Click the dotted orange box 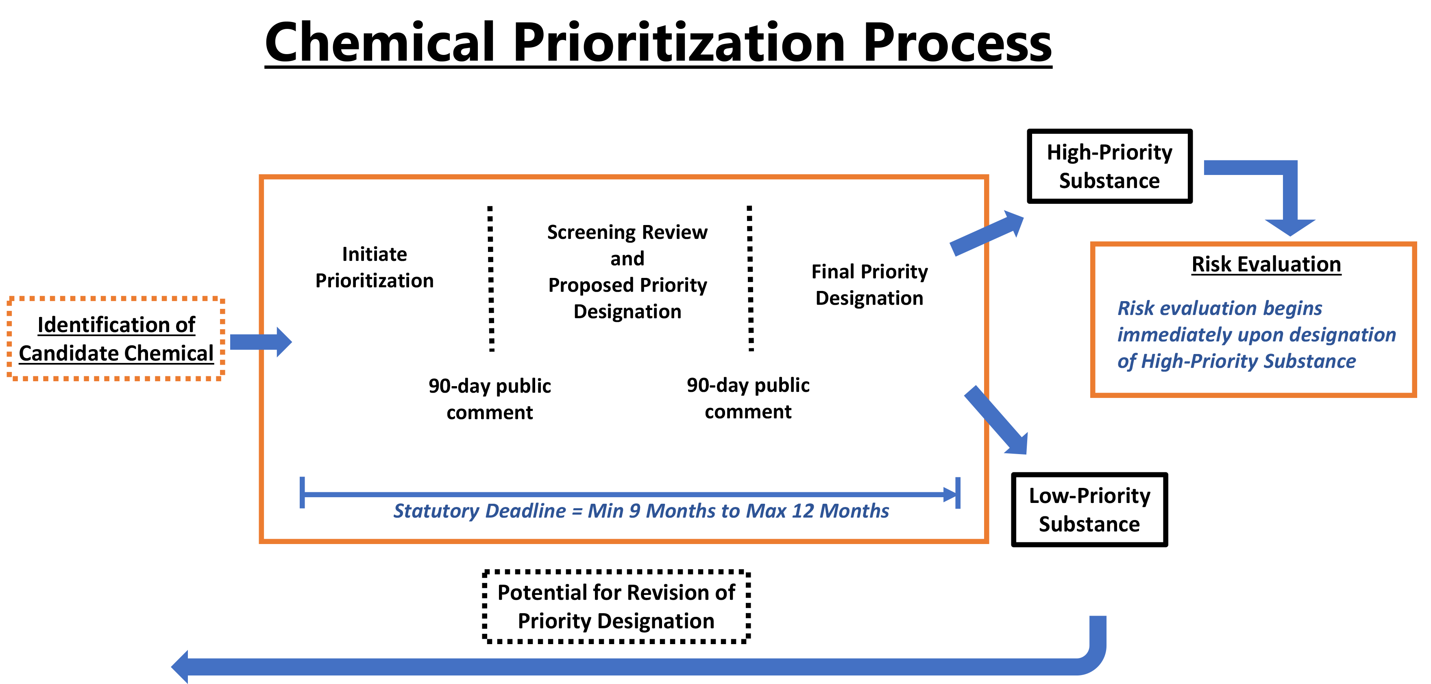tap(115, 339)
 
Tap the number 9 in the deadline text tap(634, 511)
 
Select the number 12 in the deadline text tap(803, 511)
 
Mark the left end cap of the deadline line tap(302, 492)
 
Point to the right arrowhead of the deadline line tap(951, 494)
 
